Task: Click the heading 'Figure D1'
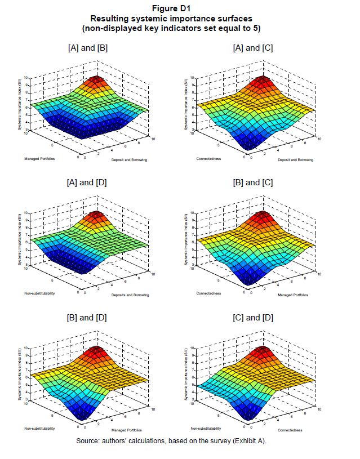[180, 8]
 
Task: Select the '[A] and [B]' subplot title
[87, 48]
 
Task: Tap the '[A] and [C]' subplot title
[252, 48]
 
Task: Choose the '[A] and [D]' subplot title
[87, 182]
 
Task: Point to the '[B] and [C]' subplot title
[252, 182]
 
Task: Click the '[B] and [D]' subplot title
[87, 318]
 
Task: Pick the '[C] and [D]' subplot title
[252, 318]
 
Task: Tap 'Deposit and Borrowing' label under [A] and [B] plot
[128, 159]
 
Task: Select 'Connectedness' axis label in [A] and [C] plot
[208, 159]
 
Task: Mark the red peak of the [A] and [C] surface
[263, 78]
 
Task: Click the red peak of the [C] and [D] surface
[263, 349]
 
